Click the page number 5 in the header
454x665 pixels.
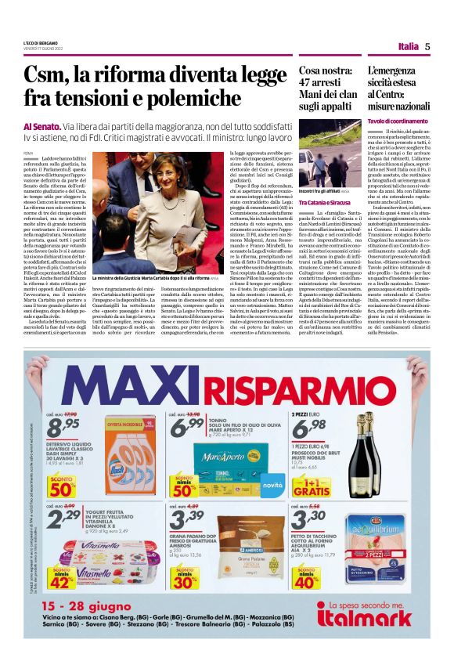pyautogui.click(x=428, y=46)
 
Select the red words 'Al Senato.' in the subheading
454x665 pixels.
pyautogui.click(x=38, y=126)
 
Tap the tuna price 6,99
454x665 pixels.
pyautogui.click(x=187, y=426)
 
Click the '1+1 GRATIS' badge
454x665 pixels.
pyautogui.click(x=312, y=486)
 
